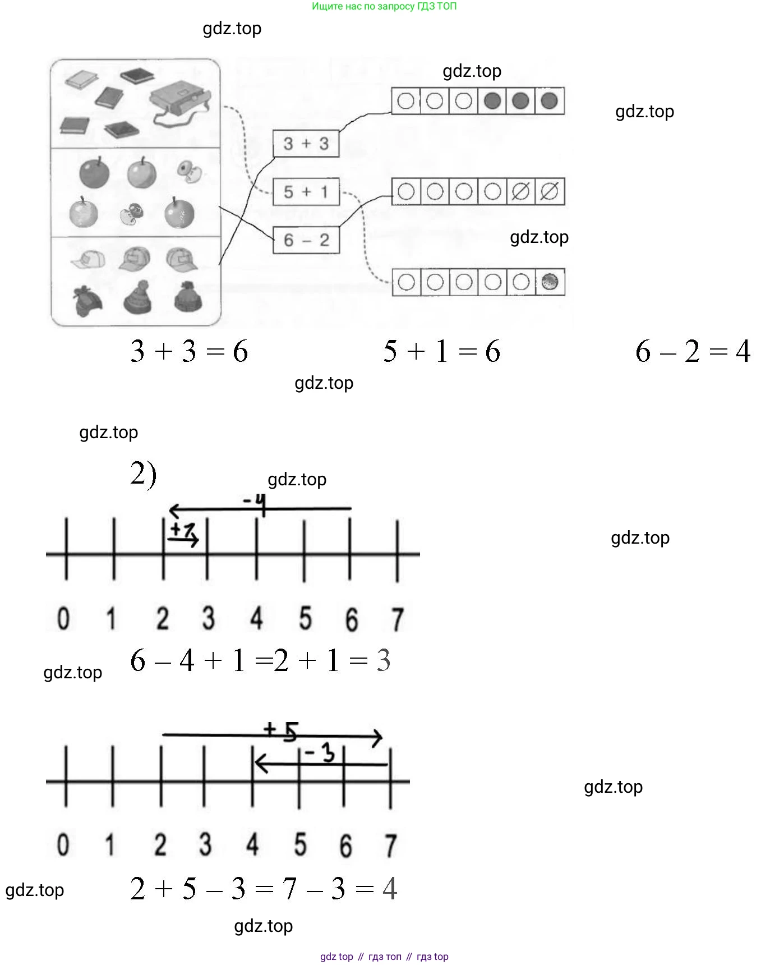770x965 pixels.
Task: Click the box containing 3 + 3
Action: coord(306,144)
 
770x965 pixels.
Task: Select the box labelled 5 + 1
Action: coord(306,192)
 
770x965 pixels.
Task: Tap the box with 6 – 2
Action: coord(306,240)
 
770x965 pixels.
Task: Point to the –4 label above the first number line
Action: coord(254,499)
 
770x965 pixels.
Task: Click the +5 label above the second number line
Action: coord(281,730)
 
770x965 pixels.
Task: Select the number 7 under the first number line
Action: coord(397,619)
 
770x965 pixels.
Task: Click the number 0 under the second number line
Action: coord(63,844)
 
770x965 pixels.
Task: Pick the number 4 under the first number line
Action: coord(256,618)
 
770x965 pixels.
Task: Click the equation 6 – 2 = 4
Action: coord(693,352)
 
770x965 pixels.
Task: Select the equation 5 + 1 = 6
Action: coord(441,352)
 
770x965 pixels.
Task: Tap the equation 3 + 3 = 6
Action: coord(189,352)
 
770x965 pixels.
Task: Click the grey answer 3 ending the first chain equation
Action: coord(384,660)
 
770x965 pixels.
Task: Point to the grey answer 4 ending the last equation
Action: coord(389,889)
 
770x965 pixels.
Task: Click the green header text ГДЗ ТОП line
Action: coord(384,7)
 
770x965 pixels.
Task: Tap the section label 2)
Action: coord(143,474)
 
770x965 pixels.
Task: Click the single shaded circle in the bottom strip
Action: coord(550,282)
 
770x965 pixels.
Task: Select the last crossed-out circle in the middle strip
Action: coord(550,191)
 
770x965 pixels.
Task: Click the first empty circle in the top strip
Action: coord(405,101)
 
